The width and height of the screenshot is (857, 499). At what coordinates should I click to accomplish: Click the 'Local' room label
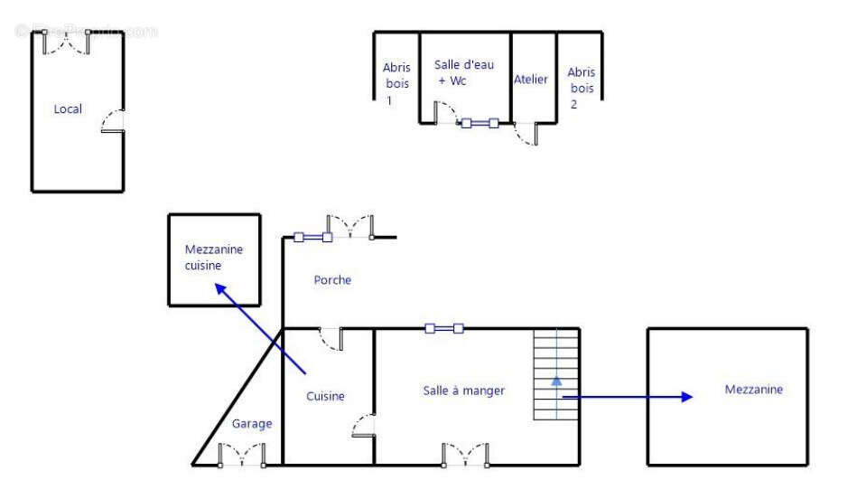coord(68,109)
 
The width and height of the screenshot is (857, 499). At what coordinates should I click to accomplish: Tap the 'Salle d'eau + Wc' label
coord(464,72)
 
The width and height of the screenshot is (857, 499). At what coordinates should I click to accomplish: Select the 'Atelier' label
coord(531,80)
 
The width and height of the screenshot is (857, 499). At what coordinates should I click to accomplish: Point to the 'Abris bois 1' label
coord(396,84)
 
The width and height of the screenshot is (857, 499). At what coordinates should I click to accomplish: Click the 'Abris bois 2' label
coord(581,88)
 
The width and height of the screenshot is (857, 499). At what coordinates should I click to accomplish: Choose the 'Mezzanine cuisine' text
coord(214,258)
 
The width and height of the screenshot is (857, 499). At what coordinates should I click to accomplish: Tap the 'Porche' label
coord(332,280)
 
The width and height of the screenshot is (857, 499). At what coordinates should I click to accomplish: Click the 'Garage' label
coord(252,424)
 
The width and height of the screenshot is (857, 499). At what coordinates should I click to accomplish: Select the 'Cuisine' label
coord(325,396)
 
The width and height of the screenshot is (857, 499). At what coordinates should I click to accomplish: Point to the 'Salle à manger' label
coord(464,391)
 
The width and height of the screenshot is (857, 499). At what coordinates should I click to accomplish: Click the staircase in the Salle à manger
coord(555,375)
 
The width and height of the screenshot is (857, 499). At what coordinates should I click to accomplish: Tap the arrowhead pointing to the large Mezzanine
coord(687,396)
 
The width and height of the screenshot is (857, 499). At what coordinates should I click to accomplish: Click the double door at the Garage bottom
coord(241,457)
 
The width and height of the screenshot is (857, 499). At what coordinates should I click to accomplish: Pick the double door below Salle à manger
coord(464,456)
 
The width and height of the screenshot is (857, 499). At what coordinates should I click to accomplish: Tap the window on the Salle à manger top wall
coord(443,328)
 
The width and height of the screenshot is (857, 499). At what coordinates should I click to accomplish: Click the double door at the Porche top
coord(350,228)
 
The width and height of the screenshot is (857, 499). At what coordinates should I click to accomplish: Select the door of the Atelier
coord(526,134)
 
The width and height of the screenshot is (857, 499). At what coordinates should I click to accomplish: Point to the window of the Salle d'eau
coord(480,123)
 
